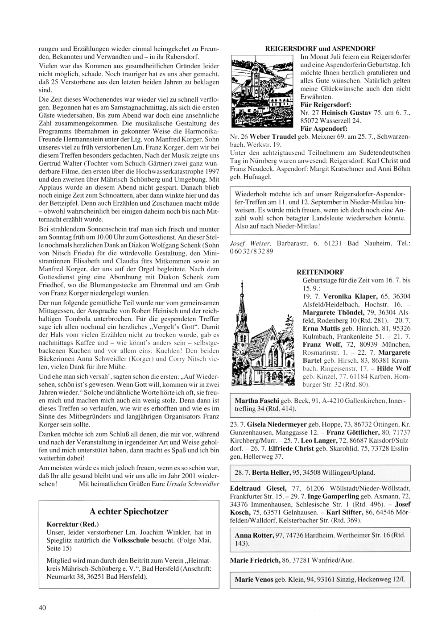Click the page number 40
pos(43,607)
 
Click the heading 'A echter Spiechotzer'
pos(129,511)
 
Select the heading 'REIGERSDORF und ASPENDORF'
pos(320,48)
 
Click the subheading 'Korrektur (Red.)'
pos(73,524)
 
